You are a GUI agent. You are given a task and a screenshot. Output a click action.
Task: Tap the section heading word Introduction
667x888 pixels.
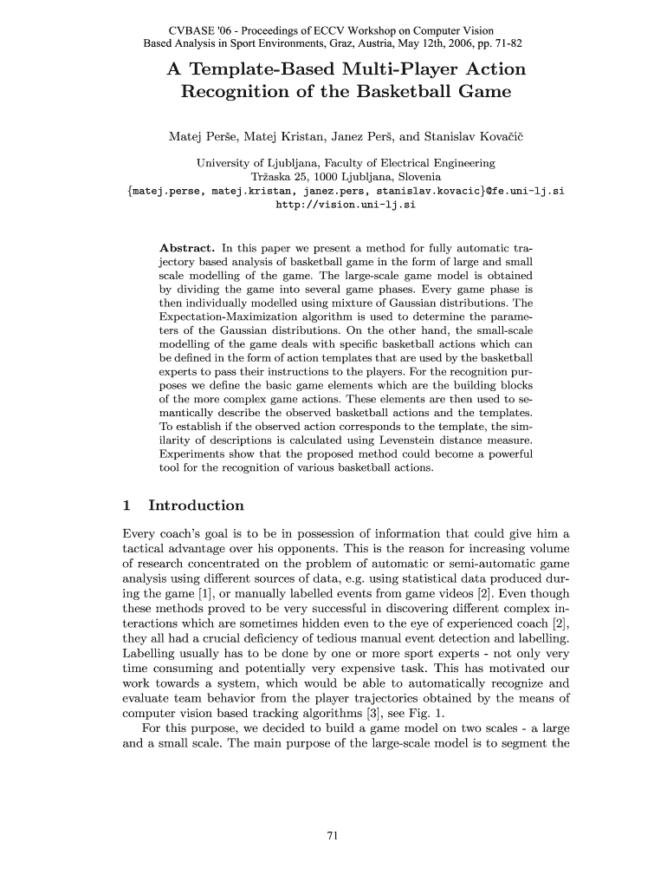click(x=196, y=506)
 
